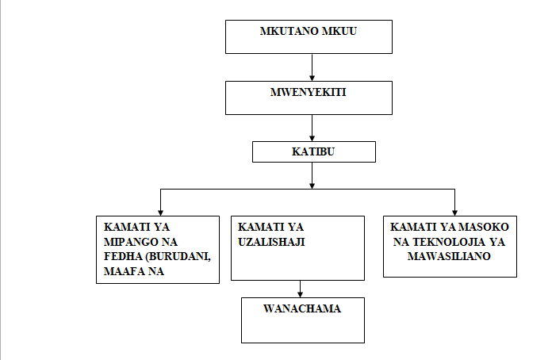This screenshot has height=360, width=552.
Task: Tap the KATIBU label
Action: (314, 151)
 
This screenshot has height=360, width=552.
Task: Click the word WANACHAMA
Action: (303, 308)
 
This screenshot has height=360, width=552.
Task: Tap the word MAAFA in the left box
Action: (117, 273)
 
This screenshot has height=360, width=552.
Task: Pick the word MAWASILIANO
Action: (450, 257)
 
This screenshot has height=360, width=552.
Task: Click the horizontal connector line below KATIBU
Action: (238, 190)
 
